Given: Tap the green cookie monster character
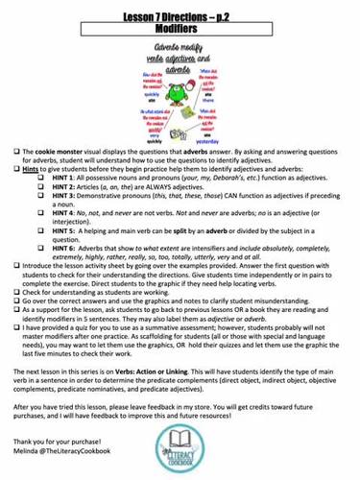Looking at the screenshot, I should coord(177,95).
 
